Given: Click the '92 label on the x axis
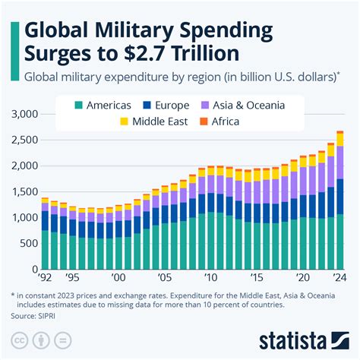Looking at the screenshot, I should (46, 278).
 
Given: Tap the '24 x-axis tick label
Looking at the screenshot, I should (339, 278).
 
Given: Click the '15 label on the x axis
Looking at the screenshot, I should (257, 278).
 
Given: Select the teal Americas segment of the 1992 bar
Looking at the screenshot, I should (46, 249).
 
